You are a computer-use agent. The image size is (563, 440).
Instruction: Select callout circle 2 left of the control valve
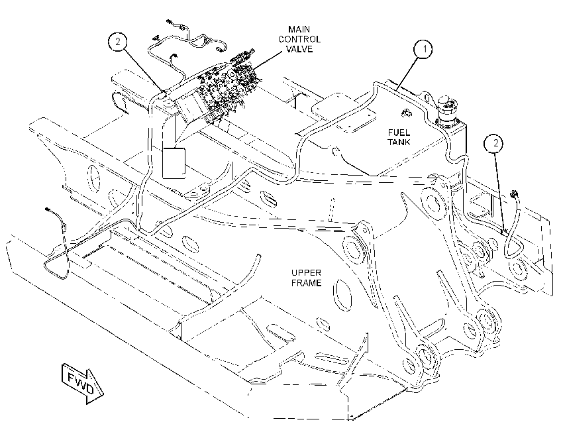118,42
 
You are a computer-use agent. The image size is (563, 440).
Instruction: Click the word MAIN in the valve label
299,29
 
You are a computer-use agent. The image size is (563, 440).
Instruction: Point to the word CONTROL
299,39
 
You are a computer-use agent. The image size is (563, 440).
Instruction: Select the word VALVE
299,49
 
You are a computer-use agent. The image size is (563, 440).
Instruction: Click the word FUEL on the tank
399,133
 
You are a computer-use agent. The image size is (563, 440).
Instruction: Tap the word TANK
399,142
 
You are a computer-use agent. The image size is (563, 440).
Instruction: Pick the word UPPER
306,273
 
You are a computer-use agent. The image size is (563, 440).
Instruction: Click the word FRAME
306,283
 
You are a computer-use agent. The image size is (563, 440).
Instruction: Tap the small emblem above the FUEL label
406,113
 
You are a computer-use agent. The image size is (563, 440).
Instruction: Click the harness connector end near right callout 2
514,194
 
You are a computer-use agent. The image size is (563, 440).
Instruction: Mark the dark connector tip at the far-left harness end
47,209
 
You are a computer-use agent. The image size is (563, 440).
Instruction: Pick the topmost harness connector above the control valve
168,22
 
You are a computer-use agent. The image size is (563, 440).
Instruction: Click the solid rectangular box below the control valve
174,162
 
